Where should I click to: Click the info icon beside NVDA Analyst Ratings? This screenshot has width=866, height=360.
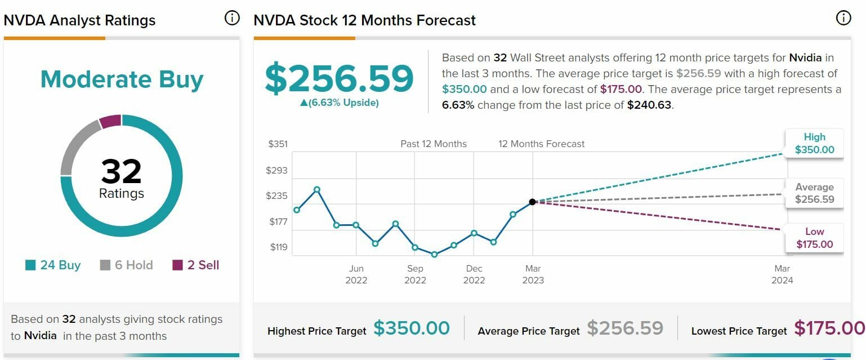231,19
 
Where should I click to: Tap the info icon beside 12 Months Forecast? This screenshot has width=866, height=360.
843,19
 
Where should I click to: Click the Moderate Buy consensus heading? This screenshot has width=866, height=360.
122,80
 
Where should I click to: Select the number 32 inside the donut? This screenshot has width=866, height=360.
122,171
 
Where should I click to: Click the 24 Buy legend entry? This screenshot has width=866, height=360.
53,265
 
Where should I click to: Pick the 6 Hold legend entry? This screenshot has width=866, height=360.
127,265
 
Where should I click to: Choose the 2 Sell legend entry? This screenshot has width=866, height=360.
196,265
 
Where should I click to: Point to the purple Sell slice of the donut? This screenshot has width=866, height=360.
111,121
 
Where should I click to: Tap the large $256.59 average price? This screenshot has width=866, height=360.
340,78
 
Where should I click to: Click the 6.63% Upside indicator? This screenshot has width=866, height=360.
340,103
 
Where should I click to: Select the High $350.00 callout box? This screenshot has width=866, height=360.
814,143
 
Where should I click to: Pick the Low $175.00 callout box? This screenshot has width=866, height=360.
814,238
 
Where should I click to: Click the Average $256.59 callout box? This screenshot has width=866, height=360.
814,193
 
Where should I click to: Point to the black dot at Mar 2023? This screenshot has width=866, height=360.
533,202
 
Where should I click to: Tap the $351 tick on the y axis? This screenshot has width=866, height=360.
278,144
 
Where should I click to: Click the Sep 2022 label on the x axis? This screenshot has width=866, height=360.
415,274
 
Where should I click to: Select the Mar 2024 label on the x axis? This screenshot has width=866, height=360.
782,274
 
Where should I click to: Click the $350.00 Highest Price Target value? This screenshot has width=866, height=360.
412,328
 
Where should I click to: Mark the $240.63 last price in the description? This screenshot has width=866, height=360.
649,105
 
